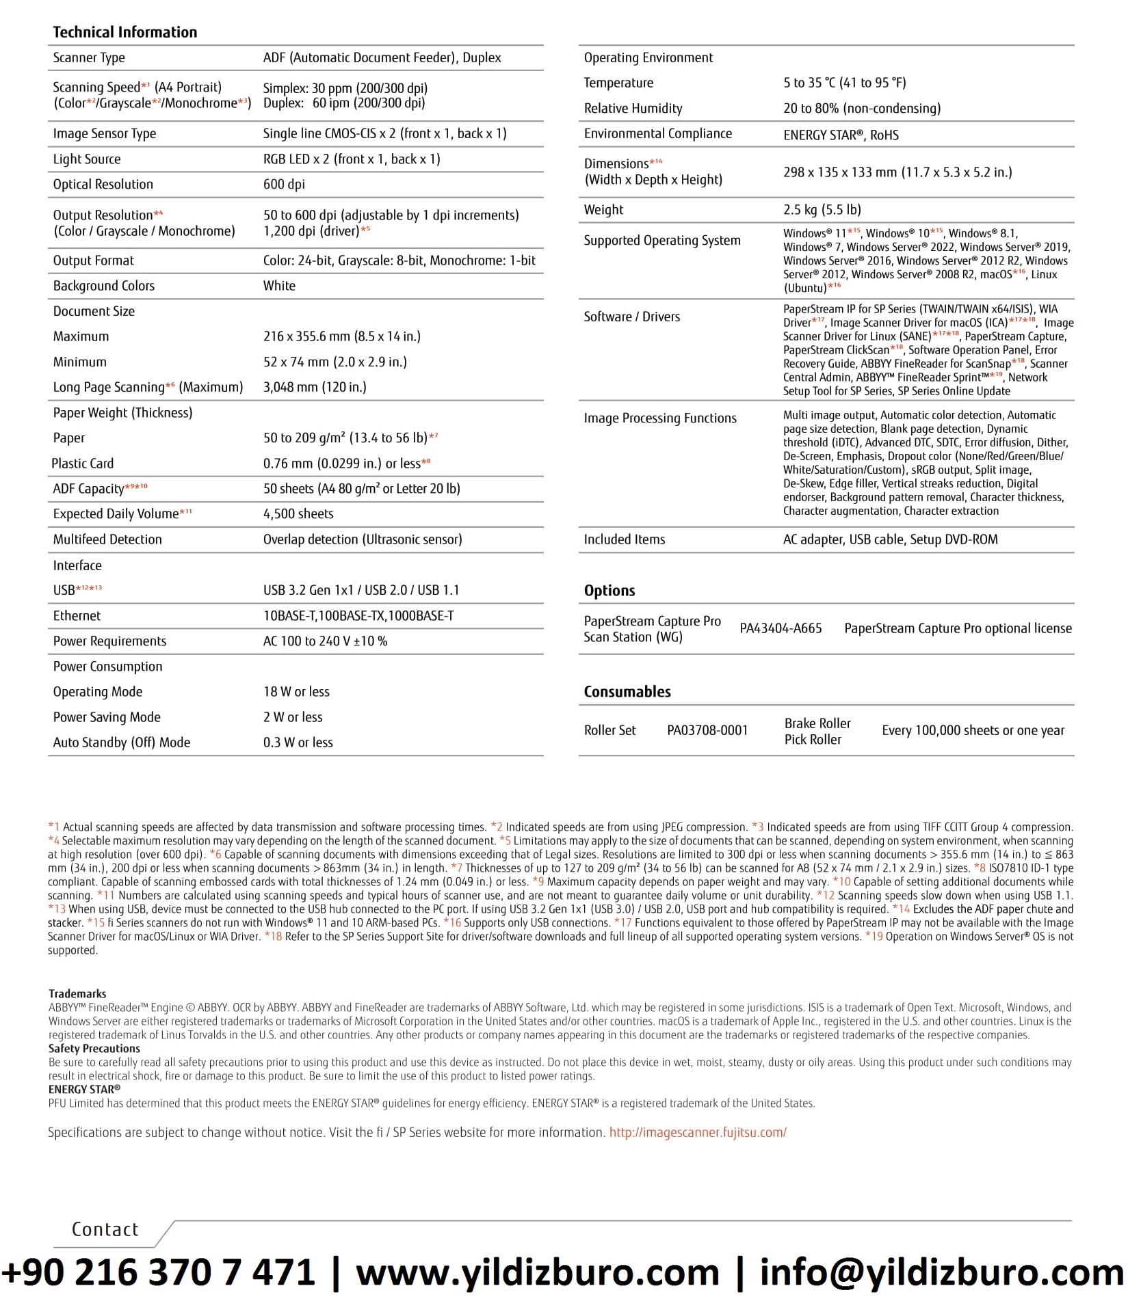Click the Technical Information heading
[x=124, y=32]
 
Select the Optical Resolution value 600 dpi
[x=284, y=185]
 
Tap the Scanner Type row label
[x=89, y=58]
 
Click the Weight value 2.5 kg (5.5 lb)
[x=822, y=210]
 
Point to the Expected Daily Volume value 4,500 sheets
[x=298, y=514]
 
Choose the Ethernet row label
[x=77, y=616]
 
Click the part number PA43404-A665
[x=781, y=629]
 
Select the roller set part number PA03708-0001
[x=707, y=731]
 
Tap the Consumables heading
[x=627, y=692]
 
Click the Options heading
[x=609, y=591]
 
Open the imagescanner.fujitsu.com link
[x=698, y=1132]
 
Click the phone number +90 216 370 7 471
[x=158, y=1273]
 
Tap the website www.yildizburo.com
[x=538, y=1273]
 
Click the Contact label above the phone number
[x=105, y=1229]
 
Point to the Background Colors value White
[x=279, y=286]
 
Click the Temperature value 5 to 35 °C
[x=844, y=83]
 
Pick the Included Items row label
[x=624, y=540]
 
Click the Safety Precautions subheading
[x=94, y=1049]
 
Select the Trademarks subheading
[x=77, y=994]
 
